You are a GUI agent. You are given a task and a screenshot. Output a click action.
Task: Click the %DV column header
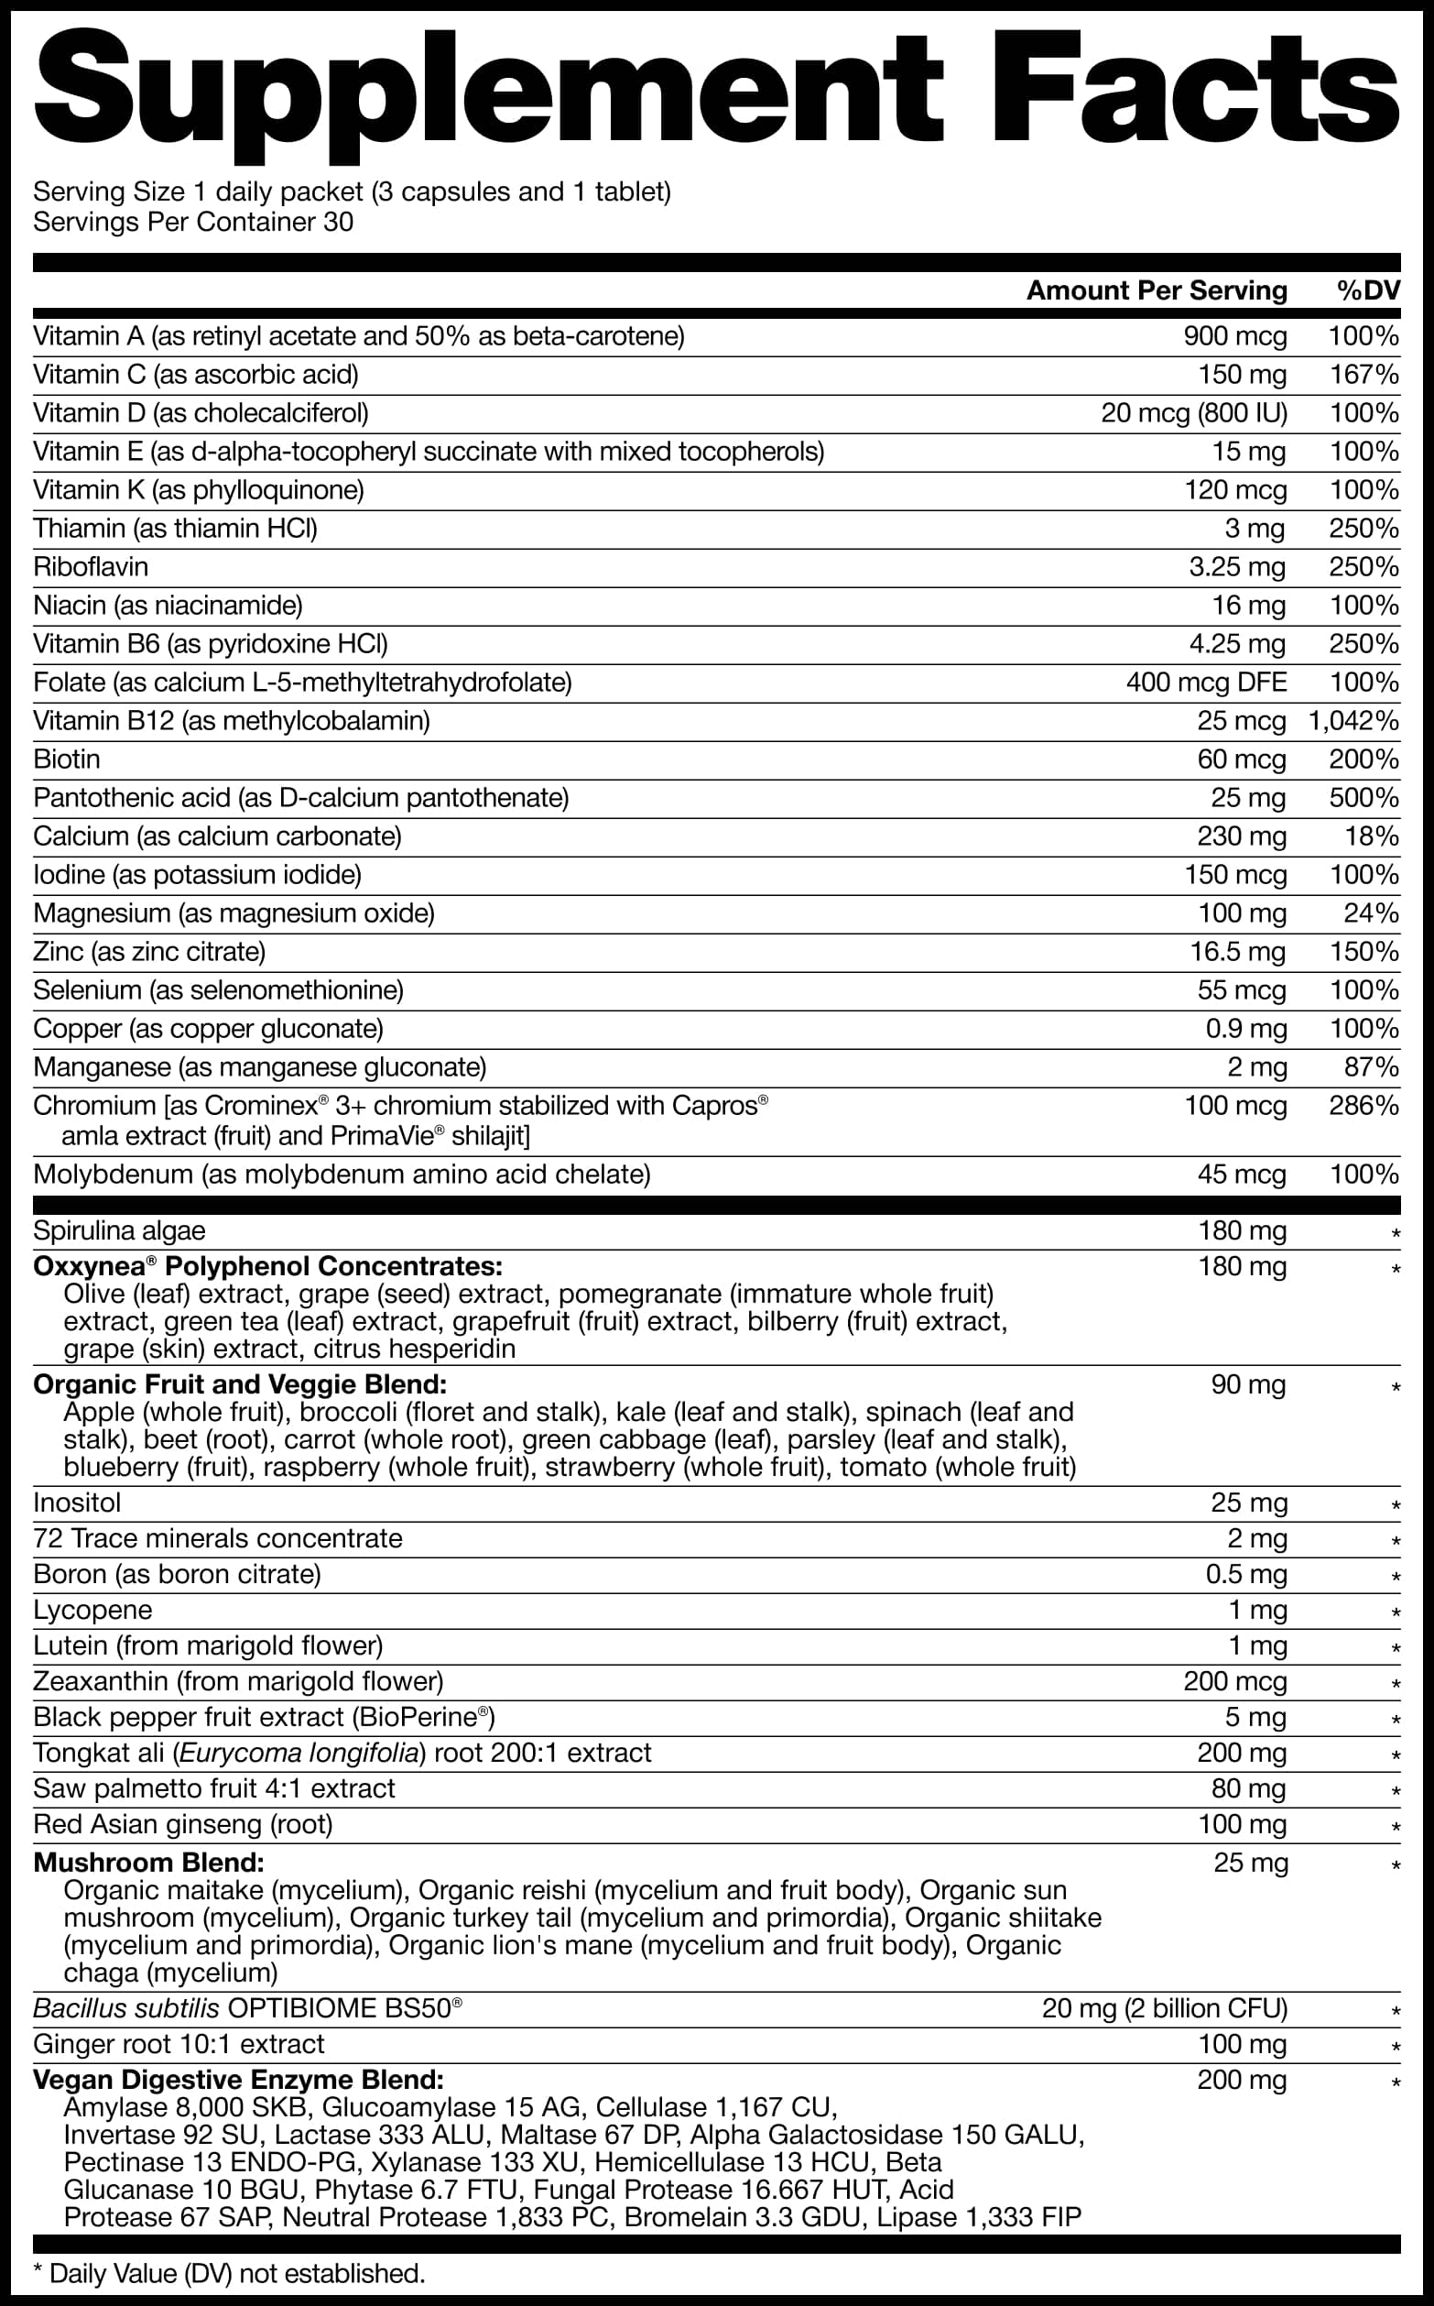pos(1368,290)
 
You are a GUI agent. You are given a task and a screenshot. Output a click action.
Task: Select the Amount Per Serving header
pos(1157,290)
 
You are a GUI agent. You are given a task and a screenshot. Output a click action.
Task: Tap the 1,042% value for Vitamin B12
pos(1353,721)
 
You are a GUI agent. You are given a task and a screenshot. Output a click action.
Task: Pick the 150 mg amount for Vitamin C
pos(1242,375)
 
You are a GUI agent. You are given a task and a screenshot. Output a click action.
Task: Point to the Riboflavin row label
pos(91,567)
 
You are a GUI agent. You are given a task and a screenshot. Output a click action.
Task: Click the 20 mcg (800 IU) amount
pos(1193,413)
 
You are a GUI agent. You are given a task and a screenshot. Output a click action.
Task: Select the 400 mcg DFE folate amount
pos(1206,683)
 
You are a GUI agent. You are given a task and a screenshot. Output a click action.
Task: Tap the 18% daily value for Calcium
pos(1372,836)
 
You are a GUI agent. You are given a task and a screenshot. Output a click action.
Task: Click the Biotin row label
pos(66,760)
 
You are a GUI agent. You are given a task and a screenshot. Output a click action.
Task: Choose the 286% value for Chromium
pos(1363,1106)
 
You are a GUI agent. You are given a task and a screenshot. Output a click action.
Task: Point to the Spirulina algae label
pos(119,1231)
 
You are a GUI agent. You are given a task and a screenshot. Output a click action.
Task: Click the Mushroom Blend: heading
pos(149,1863)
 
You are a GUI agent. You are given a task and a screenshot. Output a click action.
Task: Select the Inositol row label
pos(77,1503)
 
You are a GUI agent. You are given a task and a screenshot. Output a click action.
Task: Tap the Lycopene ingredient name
pos(93,1611)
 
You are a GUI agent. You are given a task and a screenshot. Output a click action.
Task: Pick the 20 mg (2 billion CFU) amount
pos(1164,2009)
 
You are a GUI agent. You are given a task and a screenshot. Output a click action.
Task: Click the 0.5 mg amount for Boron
pos(1246,1575)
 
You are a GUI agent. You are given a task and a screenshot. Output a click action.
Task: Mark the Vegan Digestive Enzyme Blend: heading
pos(238,2081)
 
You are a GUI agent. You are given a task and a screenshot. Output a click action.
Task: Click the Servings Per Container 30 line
pos(193,223)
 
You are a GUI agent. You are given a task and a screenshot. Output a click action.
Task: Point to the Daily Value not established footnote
pos(229,2274)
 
